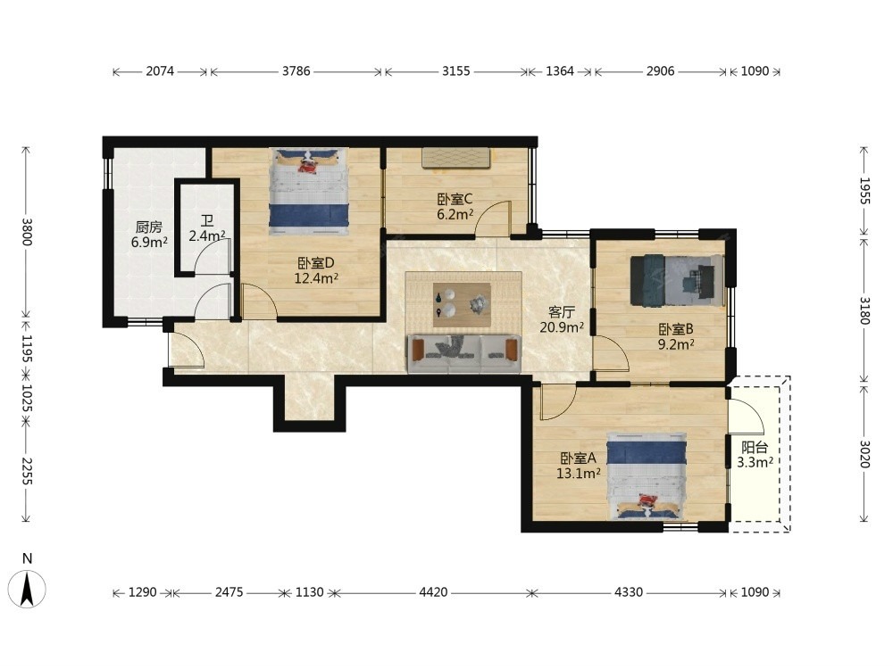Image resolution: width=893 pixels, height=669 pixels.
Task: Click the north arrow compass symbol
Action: tap(27, 588)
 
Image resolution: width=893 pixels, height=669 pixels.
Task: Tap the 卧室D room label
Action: tap(315, 263)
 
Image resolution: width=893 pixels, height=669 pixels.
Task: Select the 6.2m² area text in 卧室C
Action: tap(455, 214)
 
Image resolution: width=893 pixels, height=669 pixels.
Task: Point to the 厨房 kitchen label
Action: tap(149, 227)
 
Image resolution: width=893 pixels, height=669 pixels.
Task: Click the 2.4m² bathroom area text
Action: tap(207, 235)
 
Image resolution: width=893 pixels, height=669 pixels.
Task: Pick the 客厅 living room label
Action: tap(561, 311)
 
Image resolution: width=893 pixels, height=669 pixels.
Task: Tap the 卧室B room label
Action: tap(676, 329)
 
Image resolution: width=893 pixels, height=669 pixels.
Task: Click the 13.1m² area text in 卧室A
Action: tap(578, 473)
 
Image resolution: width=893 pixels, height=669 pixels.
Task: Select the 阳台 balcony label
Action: tap(755, 447)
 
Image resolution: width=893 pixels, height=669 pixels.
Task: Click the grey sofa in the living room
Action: tap(464, 354)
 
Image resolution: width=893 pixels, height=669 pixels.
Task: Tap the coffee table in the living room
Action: tap(462, 305)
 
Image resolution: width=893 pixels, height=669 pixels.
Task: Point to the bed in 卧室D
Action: tap(308, 192)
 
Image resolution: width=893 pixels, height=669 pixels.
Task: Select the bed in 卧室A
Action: tap(647, 476)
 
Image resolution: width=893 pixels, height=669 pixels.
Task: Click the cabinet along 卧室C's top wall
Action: tap(456, 158)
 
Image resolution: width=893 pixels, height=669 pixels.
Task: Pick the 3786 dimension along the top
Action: tap(296, 71)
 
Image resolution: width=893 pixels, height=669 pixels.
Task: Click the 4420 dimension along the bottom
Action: tap(433, 593)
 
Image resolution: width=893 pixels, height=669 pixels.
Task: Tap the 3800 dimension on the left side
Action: tap(26, 232)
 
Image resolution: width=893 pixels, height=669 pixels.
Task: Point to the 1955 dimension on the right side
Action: tap(864, 191)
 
